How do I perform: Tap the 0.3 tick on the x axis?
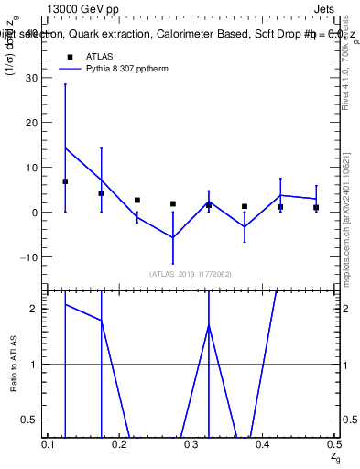pos(191,443)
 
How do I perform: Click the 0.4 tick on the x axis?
pos(262,443)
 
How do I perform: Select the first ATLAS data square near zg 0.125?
pos(65,181)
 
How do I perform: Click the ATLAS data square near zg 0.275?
pos(172,203)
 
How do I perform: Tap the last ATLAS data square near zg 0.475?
pos(315,208)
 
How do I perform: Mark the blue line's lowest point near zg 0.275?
pos(172,237)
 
